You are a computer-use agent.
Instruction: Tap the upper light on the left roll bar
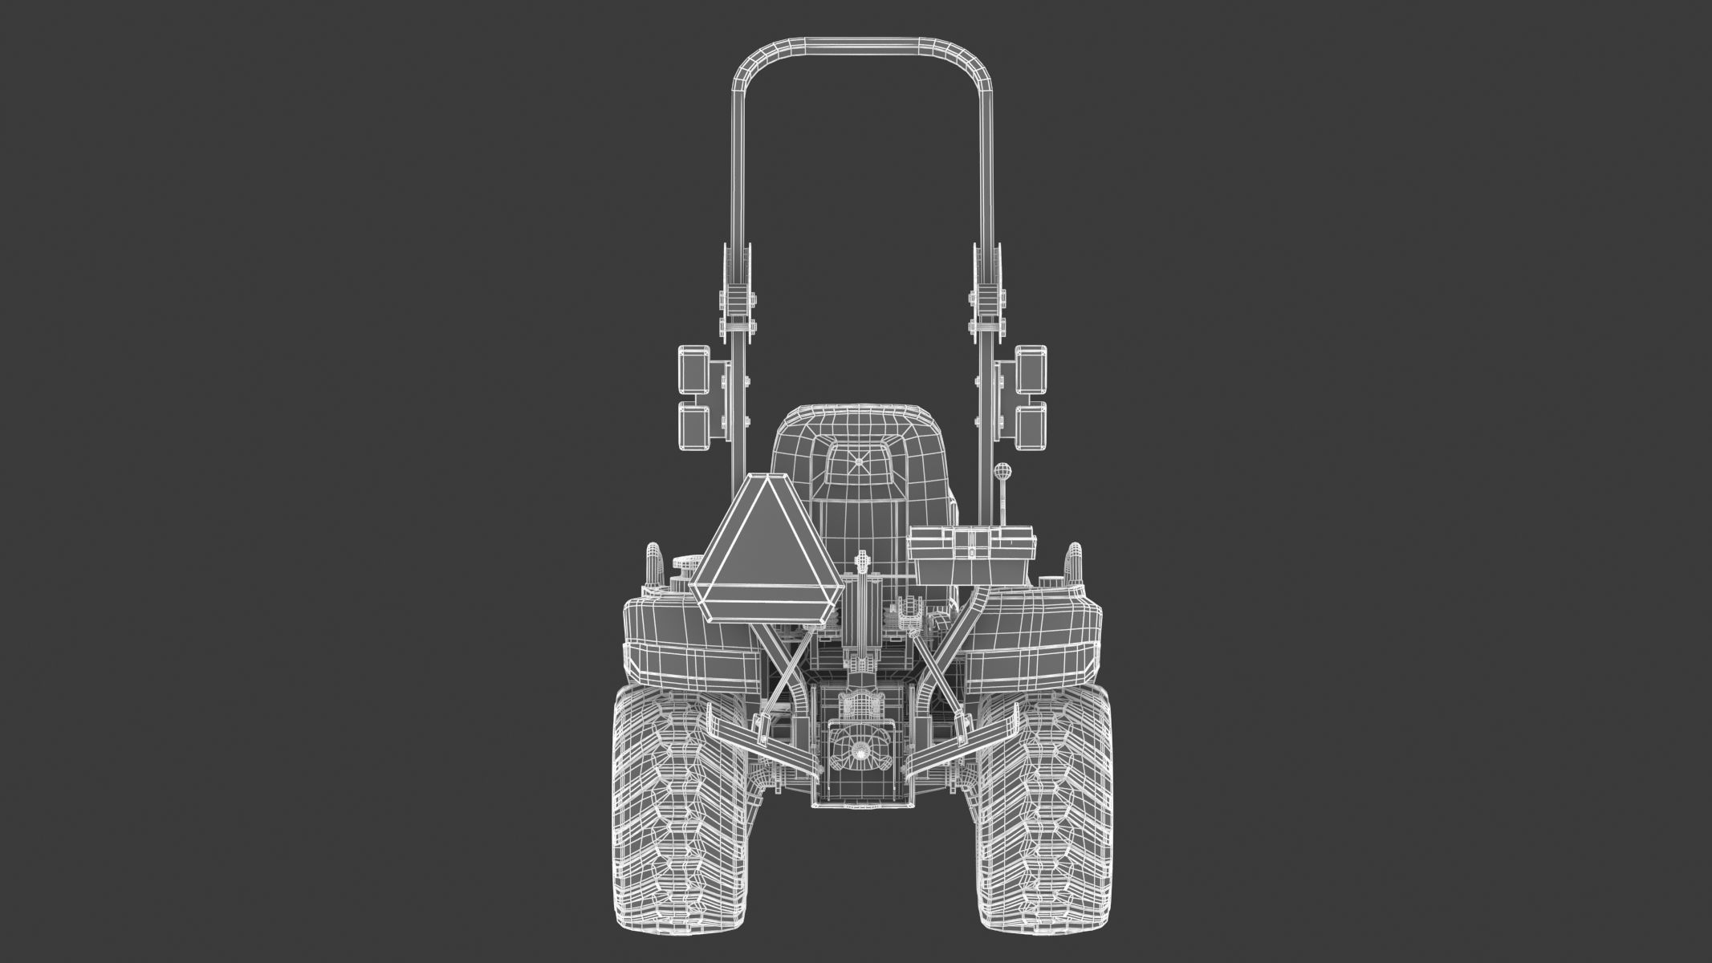tap(692, 370)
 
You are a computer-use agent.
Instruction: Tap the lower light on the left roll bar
tap(692, 427)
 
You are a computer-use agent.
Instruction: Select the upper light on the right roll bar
tap(1031, 370)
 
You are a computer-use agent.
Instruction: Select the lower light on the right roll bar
tap(1031, 427)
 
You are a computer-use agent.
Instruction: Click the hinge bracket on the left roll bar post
tap(736, 309)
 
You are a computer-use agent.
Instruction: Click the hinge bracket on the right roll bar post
tap(987, 309)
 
